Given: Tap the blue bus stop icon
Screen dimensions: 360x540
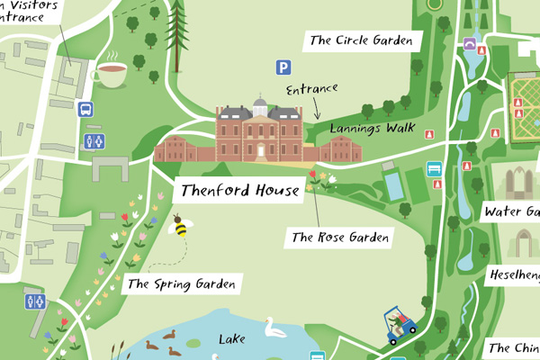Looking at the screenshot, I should click(x=85, y=110).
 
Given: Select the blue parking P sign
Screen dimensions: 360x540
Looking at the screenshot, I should click(x=284, y=67).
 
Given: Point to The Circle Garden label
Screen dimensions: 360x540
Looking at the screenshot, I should click(x=365, y=40).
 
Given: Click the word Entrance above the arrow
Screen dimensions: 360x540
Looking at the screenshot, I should click(x=311, y=89).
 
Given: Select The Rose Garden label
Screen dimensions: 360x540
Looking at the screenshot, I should click(x=339, y=238).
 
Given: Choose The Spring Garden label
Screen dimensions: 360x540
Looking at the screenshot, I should click(x=181, y=284).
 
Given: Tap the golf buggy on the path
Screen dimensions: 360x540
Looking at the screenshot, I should click(x=400, y=324).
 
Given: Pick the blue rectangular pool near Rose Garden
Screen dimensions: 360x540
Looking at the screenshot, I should click(x=392, y=185).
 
